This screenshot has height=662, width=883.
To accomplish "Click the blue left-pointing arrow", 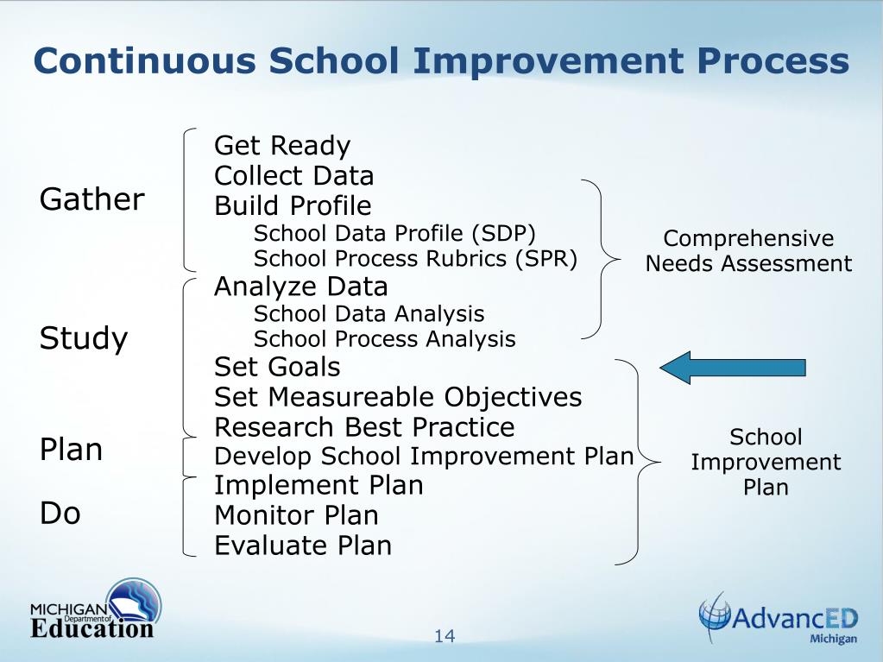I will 732,368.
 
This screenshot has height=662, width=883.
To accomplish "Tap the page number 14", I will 445,636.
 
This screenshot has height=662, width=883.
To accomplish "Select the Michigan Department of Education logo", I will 95,610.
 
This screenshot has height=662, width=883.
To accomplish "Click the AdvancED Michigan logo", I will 778,619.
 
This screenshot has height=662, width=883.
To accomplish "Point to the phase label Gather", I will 92,199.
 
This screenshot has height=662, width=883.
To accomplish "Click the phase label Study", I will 84,338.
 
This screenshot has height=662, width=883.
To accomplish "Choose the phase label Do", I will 60,514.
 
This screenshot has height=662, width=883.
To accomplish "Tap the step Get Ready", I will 282,146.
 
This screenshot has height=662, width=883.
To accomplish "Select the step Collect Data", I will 293,176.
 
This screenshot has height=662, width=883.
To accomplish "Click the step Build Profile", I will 293,206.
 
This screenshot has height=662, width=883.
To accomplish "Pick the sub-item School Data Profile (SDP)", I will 394,233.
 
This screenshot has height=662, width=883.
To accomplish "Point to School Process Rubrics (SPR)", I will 415,259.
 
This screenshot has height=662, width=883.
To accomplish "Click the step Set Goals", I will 277,367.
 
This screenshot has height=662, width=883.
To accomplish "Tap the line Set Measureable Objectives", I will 398,397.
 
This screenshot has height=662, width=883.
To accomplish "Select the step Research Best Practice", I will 364,427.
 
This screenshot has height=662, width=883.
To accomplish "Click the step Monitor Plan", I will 296,515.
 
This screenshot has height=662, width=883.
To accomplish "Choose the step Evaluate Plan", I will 303,545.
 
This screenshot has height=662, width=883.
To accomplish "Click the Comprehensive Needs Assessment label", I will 748,251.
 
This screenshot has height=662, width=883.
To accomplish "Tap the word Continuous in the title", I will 145,61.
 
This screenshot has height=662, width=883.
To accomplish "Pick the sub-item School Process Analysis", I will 384,339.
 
